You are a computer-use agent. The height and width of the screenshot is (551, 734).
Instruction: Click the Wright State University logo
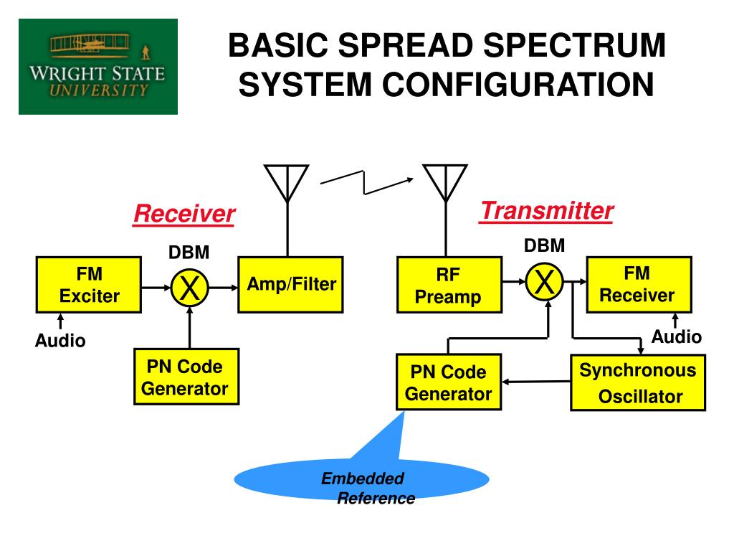[x=98, y=67]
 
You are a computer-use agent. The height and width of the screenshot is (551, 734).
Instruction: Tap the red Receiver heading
[x=184, y=213]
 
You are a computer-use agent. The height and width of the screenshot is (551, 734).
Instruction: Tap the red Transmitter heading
[x=547, y=211]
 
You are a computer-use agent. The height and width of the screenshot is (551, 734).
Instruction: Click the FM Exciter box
[x=90, y=285]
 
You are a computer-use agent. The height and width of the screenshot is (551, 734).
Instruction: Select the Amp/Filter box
[x=291, y=284]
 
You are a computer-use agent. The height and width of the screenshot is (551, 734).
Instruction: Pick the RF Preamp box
[x=449, y=286]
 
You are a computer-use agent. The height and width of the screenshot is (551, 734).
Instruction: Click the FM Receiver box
[x=638, y=285]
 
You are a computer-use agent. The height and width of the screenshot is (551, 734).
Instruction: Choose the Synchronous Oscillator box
[x=637, y=383]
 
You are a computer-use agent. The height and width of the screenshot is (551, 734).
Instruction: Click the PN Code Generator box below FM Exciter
[x=186, y=377]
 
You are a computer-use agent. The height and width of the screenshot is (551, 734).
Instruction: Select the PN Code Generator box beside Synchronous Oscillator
[x=449, y=383]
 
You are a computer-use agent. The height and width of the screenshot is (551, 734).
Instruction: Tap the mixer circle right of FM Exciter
[x=189, y=288]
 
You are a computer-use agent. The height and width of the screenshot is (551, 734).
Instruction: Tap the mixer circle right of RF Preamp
[x=545, y=283]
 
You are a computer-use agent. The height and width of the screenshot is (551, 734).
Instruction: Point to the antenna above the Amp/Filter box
[x=287, y=184]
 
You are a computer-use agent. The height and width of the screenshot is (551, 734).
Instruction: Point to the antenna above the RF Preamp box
[x=445, y=184]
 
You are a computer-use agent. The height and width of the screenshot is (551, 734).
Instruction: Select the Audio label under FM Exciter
[x=60, y=341]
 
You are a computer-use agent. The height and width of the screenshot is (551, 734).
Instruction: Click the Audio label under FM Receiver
[x=676, y=337]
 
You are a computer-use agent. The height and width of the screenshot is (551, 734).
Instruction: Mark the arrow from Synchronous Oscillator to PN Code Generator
[x=536, y=382]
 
